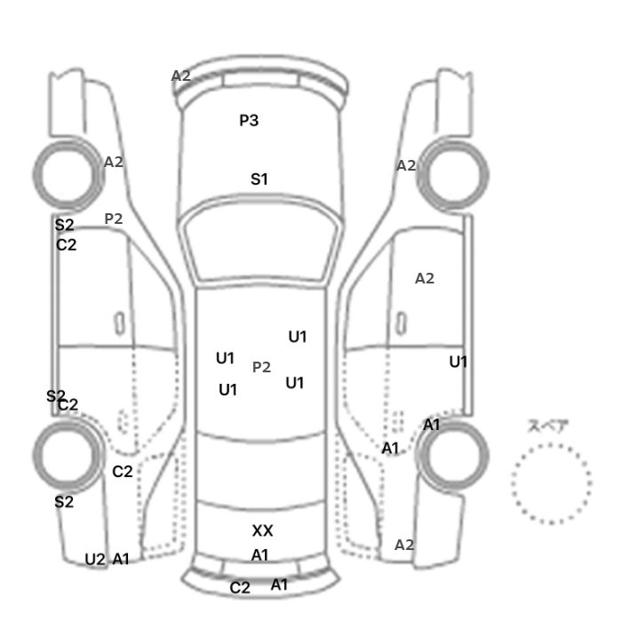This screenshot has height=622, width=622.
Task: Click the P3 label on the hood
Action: click(x=249, y=120)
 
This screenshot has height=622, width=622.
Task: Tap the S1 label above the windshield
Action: click(x=259, y=179)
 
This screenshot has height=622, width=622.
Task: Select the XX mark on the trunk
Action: click(x=262, y=530)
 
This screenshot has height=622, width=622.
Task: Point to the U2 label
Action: click(x=95, y=559)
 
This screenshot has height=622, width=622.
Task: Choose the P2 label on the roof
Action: click(x=261, y=367)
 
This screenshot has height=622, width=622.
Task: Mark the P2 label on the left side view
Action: click(x=114, y=218)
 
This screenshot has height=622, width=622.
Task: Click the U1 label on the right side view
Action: click(x=458, y=362)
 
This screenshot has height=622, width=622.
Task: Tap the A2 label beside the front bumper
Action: click(x=181, y=76)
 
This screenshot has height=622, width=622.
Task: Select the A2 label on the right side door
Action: click(x=425, y=278)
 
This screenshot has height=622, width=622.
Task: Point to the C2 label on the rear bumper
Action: click(x=240, y=587)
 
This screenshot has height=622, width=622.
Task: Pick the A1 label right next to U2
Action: click(x=121, y=559)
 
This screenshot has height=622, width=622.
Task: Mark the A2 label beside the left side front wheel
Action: click(x=114, y=162)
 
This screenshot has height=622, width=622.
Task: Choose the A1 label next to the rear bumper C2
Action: click(x=279, y=585)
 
